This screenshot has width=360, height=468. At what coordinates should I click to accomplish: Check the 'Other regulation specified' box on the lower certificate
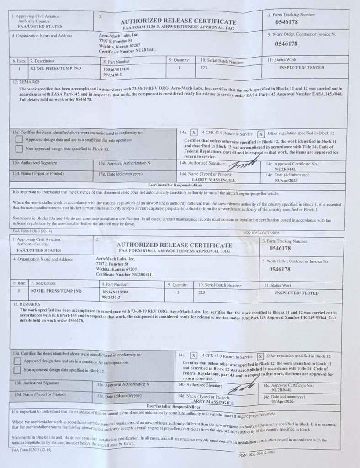pyautogui.click(x=260, y=356)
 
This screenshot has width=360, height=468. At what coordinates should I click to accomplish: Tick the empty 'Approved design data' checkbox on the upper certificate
pyautogui.click(x=19, y=139)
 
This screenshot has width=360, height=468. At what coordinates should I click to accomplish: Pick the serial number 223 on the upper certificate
pyautogui.click(x=204, y=68)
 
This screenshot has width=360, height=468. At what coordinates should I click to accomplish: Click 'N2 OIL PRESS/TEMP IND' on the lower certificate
pyautogui.click(x=56, y=291)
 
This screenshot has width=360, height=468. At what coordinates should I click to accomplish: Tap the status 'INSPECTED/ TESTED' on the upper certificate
pyautogui.click(x=302, y=68)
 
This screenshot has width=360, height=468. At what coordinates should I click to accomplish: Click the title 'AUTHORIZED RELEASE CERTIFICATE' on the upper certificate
pyautogui.click(x=178, y=21)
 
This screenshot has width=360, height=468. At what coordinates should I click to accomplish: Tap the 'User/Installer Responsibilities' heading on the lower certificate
pyautogui.click(x=174, y=406)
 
